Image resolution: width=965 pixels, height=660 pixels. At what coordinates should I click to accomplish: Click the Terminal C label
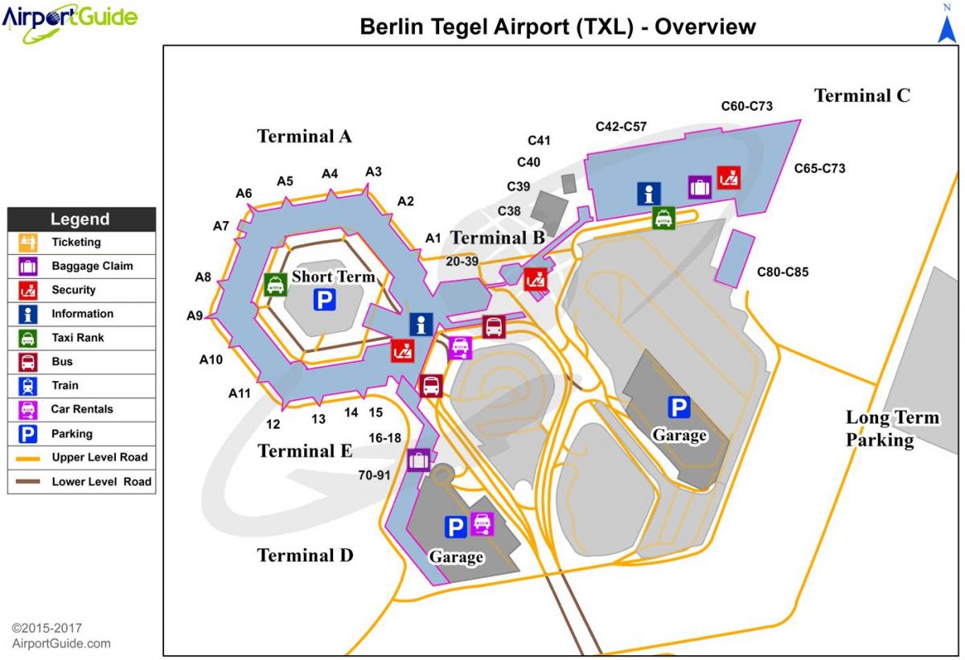[x=862, y=96]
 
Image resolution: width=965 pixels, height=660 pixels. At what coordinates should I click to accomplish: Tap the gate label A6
[x=244, y=193]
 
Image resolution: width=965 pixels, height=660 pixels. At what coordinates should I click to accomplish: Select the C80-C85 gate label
[x=782, y=272]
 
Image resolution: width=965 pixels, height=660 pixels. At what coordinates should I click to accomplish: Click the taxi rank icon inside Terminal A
[x=275, y=285]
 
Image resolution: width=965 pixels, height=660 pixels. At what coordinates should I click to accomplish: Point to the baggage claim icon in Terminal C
[x=700, y=187]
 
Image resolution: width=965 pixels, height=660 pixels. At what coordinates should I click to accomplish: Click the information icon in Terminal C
[x=649, y=194]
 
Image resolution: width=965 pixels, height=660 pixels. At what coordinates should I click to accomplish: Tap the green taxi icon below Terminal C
[x=663, y=218]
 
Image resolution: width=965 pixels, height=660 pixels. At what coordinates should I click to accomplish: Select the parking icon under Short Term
[x=325, y=301]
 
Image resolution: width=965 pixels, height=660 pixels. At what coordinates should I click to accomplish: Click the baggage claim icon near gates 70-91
[x=418, y=461]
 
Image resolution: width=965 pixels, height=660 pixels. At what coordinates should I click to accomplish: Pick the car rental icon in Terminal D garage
[x=482, y=525]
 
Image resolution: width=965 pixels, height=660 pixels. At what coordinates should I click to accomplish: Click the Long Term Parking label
[x=891, y=428]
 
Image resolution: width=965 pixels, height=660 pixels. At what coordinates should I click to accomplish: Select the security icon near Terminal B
[x=536, y=279]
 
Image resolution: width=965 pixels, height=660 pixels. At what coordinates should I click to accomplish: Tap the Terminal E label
[x=305, y=451]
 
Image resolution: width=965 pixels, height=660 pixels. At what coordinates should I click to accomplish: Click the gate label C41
[x=539, y=141]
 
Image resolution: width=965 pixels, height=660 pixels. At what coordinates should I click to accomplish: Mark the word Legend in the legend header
[x=80, y=219]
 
